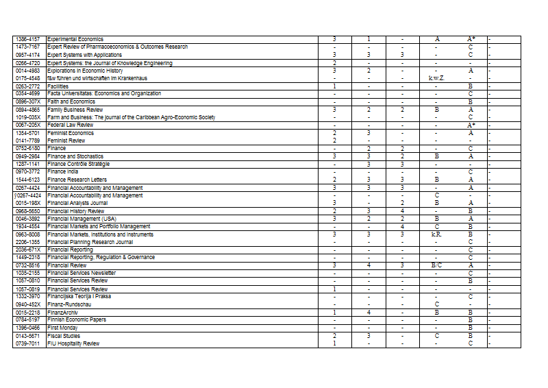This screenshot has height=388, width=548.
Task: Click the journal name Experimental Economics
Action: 75,39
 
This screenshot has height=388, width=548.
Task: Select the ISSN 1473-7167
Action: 28,47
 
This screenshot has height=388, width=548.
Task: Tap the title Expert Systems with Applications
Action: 85,55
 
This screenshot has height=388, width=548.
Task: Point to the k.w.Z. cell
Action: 436,78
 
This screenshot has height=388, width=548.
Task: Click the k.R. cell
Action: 436,234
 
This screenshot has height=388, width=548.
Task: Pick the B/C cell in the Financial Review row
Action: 436,265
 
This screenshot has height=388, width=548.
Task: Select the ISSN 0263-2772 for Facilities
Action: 28,86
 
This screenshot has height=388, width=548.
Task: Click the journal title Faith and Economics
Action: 71,101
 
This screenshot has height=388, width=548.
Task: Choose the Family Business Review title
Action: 75,110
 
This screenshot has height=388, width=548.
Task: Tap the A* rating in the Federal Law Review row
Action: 471,125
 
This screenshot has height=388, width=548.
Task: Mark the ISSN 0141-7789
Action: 28,141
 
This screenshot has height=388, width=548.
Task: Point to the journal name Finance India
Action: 66,171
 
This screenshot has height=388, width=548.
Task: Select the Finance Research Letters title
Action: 77,180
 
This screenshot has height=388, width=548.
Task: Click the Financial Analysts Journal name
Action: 78,204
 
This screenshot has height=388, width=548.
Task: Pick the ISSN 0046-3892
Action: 28,219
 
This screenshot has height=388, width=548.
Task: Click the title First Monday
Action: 62,328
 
